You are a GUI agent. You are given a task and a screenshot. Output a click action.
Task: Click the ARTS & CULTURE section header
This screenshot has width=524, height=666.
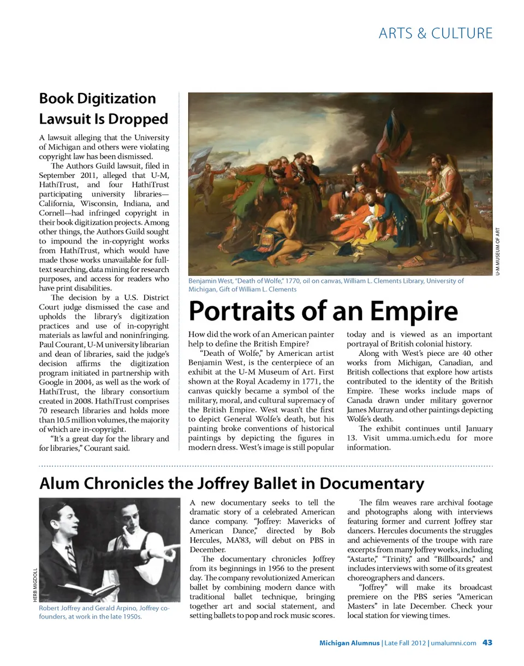point(435,33)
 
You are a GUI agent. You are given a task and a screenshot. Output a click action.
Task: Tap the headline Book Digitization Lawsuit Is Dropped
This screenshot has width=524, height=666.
point(104,109)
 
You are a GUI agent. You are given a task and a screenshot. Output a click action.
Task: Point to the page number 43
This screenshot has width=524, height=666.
point(487,643)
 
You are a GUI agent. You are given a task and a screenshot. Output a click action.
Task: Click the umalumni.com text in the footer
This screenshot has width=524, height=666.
point(453,643)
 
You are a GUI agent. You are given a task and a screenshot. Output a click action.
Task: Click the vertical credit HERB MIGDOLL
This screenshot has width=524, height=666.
point(35,585)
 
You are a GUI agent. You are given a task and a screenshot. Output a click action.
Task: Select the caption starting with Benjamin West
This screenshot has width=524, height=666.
point(326,285)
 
